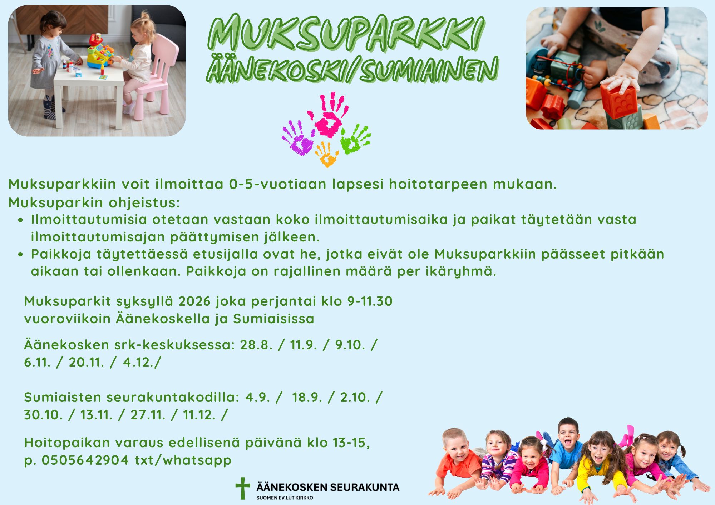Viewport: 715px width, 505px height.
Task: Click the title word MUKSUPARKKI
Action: [x=346, y=33]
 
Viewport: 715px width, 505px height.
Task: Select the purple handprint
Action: [x=297, y=138]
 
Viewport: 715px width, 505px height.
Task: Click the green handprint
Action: [x=355, y=139]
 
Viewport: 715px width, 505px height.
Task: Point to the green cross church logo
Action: [x=243, y=488]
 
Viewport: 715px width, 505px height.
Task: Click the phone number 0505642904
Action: [x=85, y=460]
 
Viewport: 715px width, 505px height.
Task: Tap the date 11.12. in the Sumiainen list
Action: [x=199, y=415]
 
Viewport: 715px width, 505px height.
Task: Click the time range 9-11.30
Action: [x=370, y=301]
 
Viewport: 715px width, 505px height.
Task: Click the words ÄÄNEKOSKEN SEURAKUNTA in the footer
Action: [x=328, y=487]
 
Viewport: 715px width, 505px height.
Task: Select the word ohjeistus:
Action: [x=144, y=203]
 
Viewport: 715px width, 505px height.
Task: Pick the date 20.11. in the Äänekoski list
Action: [x=86, y=362]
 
